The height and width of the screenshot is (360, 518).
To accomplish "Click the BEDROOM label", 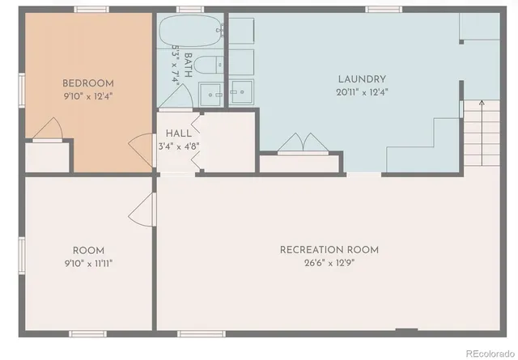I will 88,83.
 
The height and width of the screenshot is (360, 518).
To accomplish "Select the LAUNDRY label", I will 362,79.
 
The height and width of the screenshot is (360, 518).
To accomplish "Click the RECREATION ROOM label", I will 329,249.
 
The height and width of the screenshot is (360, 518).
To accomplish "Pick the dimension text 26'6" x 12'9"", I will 329,263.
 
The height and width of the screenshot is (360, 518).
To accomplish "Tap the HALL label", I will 179,133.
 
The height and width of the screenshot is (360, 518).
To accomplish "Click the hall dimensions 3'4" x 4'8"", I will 179,146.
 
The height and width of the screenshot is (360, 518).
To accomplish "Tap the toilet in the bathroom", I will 208,66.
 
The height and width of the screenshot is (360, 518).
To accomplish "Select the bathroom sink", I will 211,94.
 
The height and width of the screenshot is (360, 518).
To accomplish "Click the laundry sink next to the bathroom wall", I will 241,92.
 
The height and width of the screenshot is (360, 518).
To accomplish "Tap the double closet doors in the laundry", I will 300,143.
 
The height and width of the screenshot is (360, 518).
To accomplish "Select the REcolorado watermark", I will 484,351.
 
